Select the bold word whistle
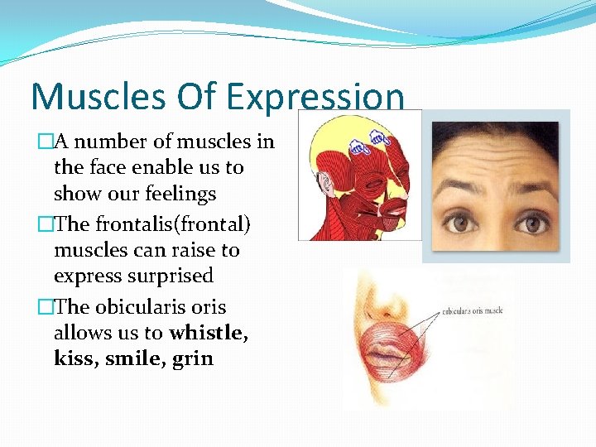pos(207,333)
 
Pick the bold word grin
pos(193,359)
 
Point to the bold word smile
pos(132,358)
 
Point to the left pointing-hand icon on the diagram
pos(358,148)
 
